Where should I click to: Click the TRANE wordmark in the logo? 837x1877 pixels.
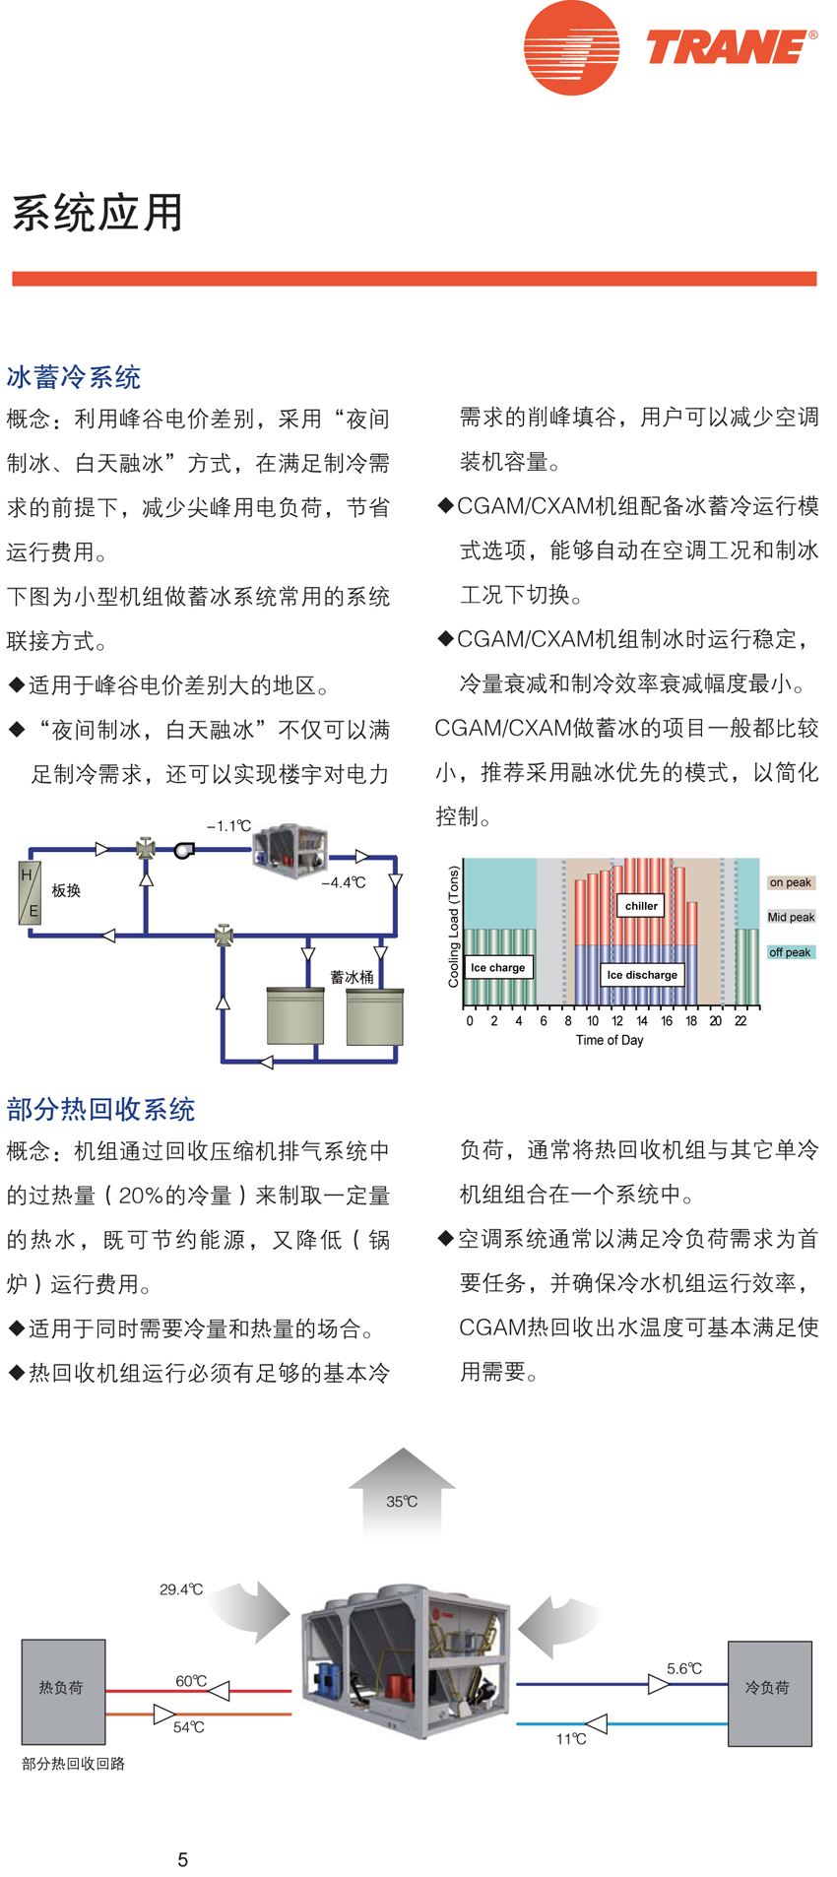[729, 47]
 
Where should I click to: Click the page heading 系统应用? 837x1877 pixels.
[97, 213]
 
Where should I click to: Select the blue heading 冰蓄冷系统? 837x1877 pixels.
[74, 377]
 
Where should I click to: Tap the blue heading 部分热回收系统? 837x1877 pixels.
[100, 1110]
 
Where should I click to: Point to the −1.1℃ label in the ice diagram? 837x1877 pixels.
[228, 826]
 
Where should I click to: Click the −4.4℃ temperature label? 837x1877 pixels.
[344, 882]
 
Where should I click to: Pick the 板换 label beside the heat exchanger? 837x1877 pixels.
[66, 890]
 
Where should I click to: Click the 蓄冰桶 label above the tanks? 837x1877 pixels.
[352, 977]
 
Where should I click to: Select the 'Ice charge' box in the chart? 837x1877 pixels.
[498, 967]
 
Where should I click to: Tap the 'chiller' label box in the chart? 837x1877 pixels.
[641, 905]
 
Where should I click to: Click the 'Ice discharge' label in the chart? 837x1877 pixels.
[642, 975]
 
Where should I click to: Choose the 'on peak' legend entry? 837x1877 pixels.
[791, 882]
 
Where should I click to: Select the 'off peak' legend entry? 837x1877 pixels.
[790, 952]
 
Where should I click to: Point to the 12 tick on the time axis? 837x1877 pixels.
[617, 1021]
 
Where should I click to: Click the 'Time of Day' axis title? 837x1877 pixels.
[610, 1040]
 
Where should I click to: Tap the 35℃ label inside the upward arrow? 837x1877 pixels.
[402, 1502]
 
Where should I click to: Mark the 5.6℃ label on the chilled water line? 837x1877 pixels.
[684, 1668]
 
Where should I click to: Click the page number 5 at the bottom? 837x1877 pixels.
[183, 1859]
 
